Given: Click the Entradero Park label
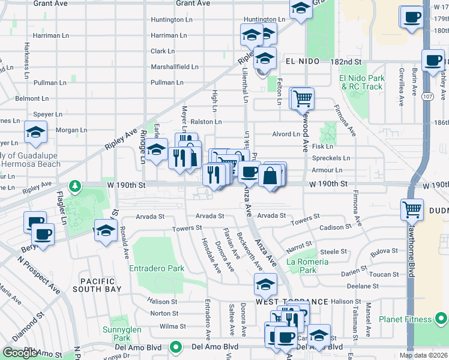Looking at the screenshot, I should pos(157,269).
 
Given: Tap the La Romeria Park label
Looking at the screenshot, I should pos(307,266).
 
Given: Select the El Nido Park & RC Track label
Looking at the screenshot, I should pos(361,82).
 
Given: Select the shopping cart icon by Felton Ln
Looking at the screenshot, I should pos(303,97).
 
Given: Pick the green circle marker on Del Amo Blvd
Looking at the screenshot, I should pos(175,347).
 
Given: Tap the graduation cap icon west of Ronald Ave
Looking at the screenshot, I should pos(105,231).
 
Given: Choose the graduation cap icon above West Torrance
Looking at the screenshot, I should pos(265,284).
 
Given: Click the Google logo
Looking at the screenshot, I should pos(20,353).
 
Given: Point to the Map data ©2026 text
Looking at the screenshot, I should pos(424,355).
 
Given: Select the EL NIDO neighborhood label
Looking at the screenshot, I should pos(299,62).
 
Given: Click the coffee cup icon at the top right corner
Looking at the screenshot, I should pos(412,17).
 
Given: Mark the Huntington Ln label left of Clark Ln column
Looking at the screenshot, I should pos(171,20).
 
